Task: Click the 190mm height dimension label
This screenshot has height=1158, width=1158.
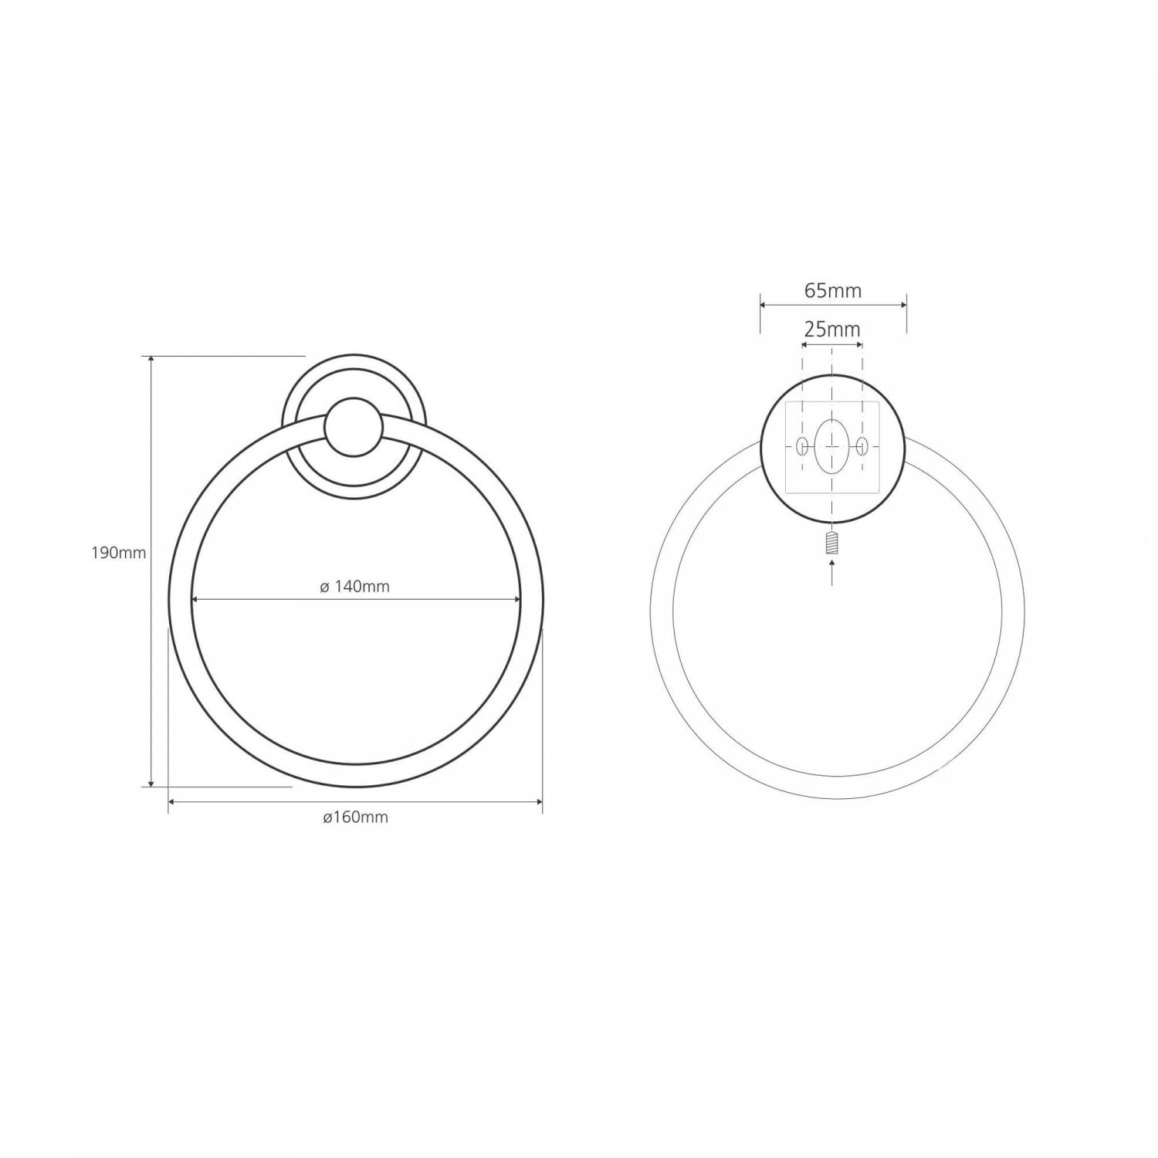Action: tap(119, 553)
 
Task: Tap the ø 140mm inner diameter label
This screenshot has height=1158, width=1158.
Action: tap(355, 587)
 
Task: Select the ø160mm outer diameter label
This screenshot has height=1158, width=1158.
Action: tap(355, 818)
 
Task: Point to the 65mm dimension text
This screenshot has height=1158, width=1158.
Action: tap(833, 291)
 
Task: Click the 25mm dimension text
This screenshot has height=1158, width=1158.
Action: tap(832, 330)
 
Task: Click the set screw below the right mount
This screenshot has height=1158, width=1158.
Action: tap(831, 543)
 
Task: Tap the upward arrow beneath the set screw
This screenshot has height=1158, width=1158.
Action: tap(831, 572)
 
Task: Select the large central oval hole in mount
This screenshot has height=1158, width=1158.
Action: tap(831, 446)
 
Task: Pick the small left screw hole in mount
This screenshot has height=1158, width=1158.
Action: tap(802, 446)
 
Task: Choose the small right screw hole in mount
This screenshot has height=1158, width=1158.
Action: tap(862, 446)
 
